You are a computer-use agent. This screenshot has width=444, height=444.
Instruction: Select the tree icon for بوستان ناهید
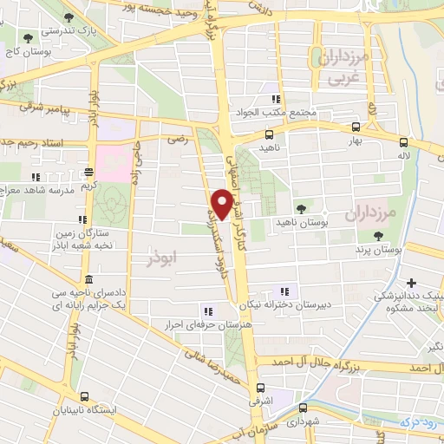[301, 208]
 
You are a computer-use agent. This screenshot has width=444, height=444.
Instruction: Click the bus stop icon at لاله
[402, 141]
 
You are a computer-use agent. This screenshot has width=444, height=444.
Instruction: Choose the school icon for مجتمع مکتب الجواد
[277, 100]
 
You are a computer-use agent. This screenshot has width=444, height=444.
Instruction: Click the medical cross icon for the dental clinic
[412, 283]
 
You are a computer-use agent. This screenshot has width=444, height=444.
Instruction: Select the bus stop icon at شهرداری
[302, 408]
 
